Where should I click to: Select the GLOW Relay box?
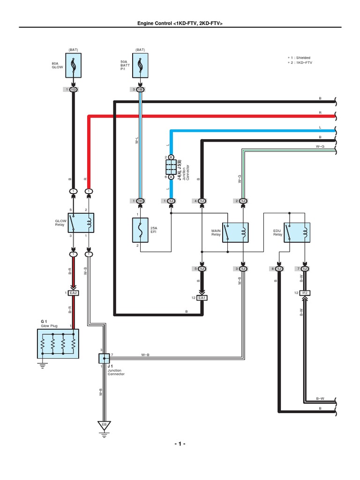coord(81,223)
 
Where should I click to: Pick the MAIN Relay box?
coord(235,232)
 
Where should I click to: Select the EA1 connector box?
coord(202,297)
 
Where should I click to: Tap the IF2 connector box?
coord(305,293)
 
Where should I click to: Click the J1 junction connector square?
coord(104,359)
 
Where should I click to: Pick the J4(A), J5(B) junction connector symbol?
coord(171,167)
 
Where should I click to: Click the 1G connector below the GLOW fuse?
coord(74,89)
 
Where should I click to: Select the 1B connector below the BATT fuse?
coord(140,89)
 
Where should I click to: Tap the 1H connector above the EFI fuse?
coord(140,201)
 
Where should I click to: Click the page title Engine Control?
coord(180,23)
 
